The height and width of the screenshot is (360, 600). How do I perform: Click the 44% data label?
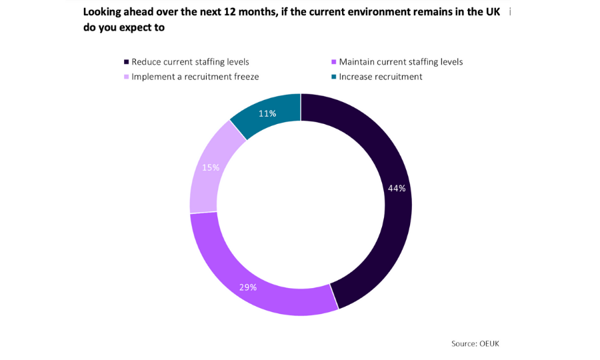pyautogui.click(x=397, y=189)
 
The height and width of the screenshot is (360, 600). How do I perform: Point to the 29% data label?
pyautogui.click(x=248, y=287)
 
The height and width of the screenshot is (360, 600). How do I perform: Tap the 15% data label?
pyautogui.click(x=211, y=168)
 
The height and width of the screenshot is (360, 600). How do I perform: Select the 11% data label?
pyautogui.click(x=267, y=114)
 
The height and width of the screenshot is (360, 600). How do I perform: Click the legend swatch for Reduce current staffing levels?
pyautogui.click(x=125, y=62)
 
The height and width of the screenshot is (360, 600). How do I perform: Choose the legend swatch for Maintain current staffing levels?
pyautogui.click(x=333, y=62)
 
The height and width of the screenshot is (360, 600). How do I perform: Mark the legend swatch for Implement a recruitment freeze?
pyautogui.click(x=125, y=77)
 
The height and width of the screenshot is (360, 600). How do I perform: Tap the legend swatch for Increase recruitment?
pyautogui.click(x=333, y=77)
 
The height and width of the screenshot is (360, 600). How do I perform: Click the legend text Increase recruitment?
pyautogui.click(x=381, y=77)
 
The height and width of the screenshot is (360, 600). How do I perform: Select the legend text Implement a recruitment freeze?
pyautogui.click(x=195, y=77)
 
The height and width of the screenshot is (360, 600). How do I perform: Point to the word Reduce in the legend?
pyautogui.click(x=147, y=62)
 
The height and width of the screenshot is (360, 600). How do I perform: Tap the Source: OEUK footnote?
pyautogui.click(x=475, y=343)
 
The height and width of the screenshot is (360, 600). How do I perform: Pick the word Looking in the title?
pyautogui.click(x=103, y=12)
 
